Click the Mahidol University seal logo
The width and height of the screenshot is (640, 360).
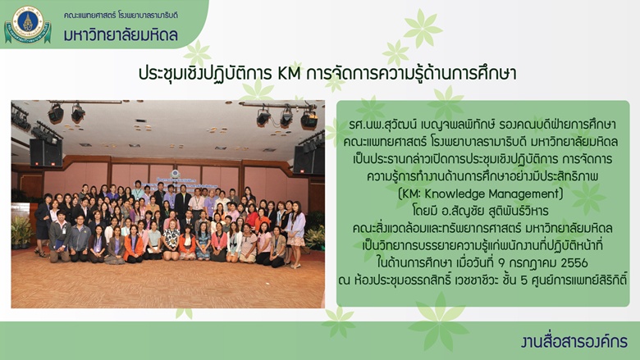[x=27, y=24]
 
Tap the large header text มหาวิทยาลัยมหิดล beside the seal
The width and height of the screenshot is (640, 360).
[x=121, y=34]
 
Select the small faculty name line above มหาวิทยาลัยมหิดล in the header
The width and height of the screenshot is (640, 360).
[x=121, y=16]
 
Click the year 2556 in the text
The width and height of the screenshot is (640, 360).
[x=574, y=263]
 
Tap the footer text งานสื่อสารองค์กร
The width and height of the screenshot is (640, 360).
[x=574, y=342]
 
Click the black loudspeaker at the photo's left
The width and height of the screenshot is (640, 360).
[x=46, y=153]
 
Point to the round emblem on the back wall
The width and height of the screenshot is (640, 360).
[x=175, y=174]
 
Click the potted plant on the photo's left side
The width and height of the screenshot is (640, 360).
[x=21, y=231]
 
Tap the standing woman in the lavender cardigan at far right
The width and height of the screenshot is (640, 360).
[x=295, y=233]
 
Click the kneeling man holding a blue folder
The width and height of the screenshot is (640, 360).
[x=60, y=237]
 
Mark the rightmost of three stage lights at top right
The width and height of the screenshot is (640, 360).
[x=309, y=119]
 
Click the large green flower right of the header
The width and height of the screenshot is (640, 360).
[x=423, y=28]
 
